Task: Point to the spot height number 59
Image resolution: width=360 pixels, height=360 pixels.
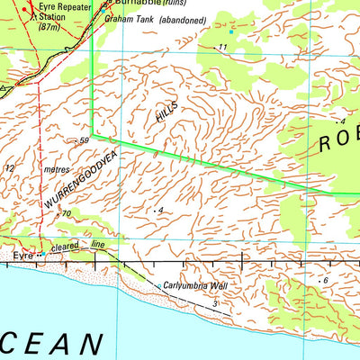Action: coord(85,140)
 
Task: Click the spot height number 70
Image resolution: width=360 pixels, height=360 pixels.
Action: coord(67,213)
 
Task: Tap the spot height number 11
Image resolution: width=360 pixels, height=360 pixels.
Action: coord(221,47)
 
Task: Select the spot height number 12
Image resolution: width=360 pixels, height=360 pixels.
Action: coord(10,168)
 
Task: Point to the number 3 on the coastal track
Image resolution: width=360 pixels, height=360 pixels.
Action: coord(215,305)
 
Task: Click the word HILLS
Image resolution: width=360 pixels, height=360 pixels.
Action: coord(167,113)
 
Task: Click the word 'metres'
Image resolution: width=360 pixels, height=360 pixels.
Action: coord(56,167)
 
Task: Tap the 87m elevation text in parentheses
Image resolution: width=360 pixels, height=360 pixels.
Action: coord(49,27)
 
